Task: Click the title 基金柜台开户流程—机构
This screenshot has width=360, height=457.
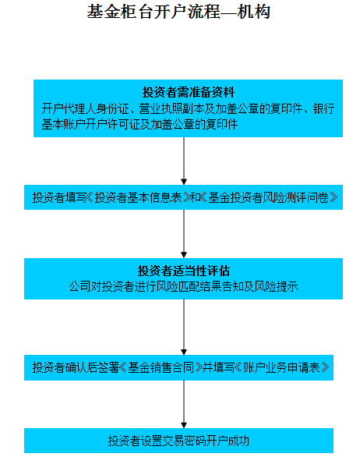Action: pyautogui.click(x=178, y=12)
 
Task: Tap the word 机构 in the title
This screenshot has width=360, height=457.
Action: pyautogui.click(x=254, y=12)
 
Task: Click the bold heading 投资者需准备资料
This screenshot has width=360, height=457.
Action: pyautogui.click(x=188, y=92)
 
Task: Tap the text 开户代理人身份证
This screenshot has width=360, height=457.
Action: pyautogui.click(x=85, y=108)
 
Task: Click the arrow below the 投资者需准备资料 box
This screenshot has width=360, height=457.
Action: pyautogui.click(x=184, y=161)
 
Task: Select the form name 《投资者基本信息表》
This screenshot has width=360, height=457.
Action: pyautogui.click(x=138, y=197)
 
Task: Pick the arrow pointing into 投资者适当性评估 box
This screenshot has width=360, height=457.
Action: pyautogui.click(x=184, y=234)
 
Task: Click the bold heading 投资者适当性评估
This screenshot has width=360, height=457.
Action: pyautogui.click(x=183, y=271)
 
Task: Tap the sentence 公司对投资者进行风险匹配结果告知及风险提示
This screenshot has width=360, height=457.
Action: pyautogui.click(x=183, y=286)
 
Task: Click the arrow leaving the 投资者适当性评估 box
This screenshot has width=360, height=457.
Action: pyautogui.click(x=184, y=327)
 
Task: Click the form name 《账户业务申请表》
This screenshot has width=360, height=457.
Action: pyautogui.click(x=281, y=367)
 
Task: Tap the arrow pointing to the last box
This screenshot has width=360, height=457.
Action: pyautogui.click(x=184, y=404)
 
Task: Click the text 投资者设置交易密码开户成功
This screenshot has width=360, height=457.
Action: pyautogui.click(x=178, y=441)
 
